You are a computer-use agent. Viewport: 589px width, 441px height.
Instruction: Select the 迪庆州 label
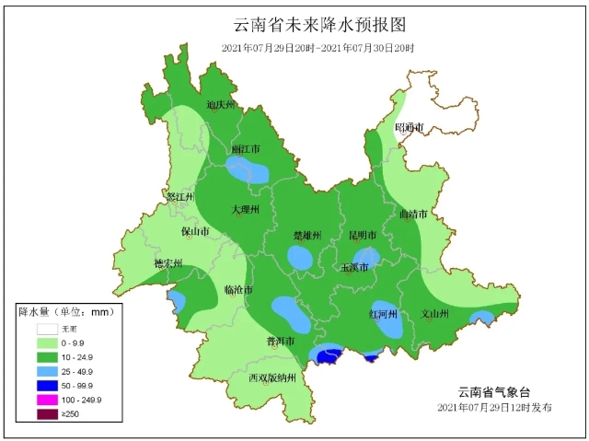tap(223, 105)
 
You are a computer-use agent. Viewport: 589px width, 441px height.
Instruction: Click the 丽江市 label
tap(245, 148)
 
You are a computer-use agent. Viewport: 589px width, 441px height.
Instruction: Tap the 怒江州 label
tap(179, 197)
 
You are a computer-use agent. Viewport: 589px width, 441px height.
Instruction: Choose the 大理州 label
tap(246, 210)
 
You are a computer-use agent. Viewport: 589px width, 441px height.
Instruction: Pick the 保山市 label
tap(195, 231)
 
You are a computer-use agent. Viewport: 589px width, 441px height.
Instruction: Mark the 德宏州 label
tap(167, 264)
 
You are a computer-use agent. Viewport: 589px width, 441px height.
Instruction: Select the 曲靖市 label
tap(412, 215)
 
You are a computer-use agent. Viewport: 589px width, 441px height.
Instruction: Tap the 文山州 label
tap(434, 314)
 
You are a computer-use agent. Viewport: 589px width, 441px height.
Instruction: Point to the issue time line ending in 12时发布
tap(494, 406)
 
